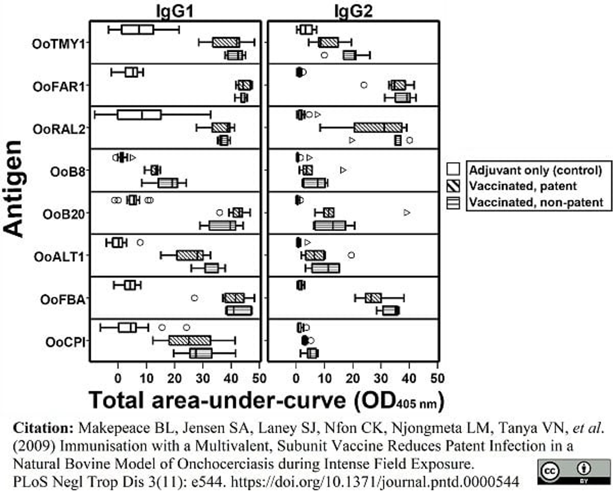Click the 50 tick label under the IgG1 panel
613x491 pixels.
coord(259,379)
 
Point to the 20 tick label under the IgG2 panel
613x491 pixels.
coord(353,379)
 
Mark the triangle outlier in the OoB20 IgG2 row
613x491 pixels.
coord(407,212)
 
